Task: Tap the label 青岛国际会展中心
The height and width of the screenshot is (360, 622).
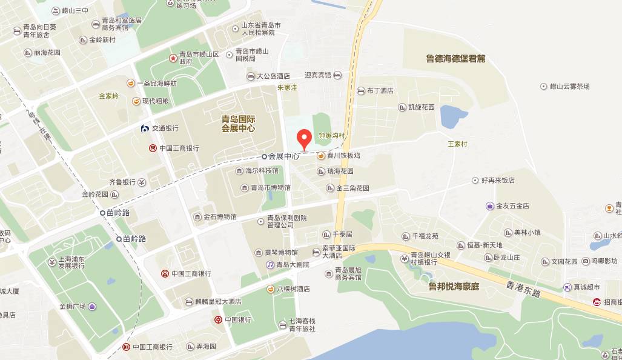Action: tap(238, 124)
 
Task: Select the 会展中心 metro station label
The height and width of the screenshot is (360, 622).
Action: tap(283, 156)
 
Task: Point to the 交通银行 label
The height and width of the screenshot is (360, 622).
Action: tap(165, 128)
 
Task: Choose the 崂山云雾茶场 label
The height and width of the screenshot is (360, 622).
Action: tap(569, 87)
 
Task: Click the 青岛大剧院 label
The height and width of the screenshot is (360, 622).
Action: tap(292, 265)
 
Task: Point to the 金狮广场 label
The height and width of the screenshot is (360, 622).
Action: tap(73, 307)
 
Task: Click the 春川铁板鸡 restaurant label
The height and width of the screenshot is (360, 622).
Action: tap(343, 156)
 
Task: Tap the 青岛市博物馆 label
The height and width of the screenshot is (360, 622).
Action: tap(270, 188)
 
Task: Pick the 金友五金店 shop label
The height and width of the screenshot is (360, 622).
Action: tap(512, 206)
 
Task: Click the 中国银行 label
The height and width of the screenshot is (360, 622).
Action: tap(237, 319)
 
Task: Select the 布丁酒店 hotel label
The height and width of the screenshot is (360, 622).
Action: tap(380, 91)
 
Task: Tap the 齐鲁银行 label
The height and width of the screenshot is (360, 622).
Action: tap(122, 182)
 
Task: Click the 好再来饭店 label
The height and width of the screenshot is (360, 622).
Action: tap(498, 181)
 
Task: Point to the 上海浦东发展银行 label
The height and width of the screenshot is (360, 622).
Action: tap(71, 262)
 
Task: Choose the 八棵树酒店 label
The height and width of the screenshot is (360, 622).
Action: tap(293, 289)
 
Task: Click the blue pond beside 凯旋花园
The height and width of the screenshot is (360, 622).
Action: tap(453, 116)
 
